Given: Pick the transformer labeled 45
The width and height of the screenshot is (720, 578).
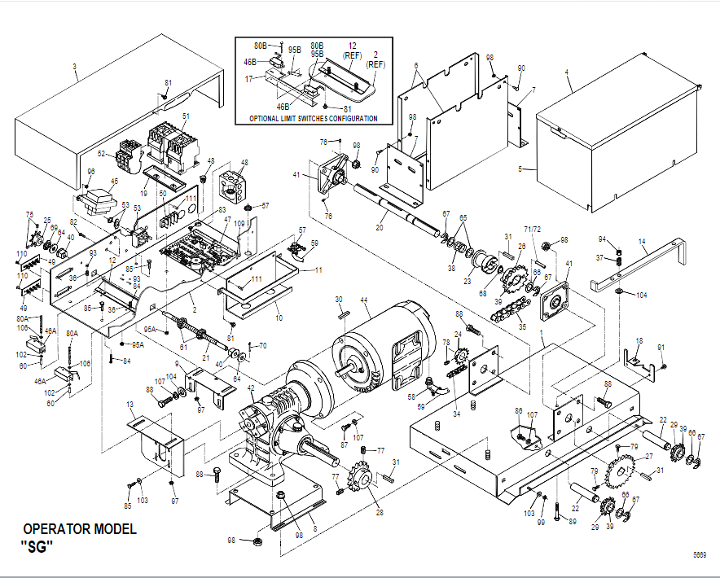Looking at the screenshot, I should click(99, 200).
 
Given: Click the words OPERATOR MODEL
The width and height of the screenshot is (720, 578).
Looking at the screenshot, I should click(80, 529).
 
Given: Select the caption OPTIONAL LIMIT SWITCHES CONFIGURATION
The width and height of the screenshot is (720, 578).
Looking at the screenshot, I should click(314, 119).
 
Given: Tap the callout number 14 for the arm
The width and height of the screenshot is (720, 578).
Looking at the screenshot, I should click(642, 242).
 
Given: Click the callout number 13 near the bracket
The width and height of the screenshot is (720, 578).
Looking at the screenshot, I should click(130, 405).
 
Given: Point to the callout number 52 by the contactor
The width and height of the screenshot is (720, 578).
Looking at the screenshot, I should click(102, 153).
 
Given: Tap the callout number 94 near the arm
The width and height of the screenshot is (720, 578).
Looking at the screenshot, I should click(602, 239).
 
